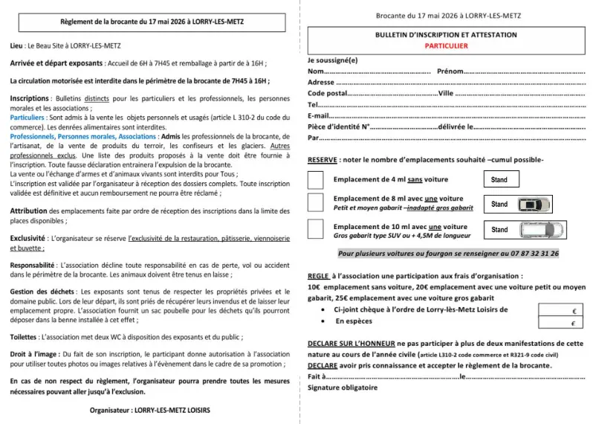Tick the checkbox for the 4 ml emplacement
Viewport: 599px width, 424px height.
(x=315, y=179)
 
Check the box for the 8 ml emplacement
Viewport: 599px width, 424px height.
(x=315, y=203)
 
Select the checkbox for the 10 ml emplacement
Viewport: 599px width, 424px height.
(x=315, y=230)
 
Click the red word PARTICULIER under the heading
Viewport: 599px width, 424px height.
(x=446, y=45)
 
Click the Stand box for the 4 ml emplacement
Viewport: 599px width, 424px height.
(x=499, y=180)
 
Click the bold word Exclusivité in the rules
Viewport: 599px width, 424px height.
(x=28, y=237)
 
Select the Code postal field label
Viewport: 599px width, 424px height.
(x=327, y=94)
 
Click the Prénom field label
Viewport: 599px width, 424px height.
(x=450, y=71)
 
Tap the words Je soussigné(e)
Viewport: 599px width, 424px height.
(x=332, y=60)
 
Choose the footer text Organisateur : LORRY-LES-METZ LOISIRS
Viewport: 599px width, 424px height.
(x=149, y=410)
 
